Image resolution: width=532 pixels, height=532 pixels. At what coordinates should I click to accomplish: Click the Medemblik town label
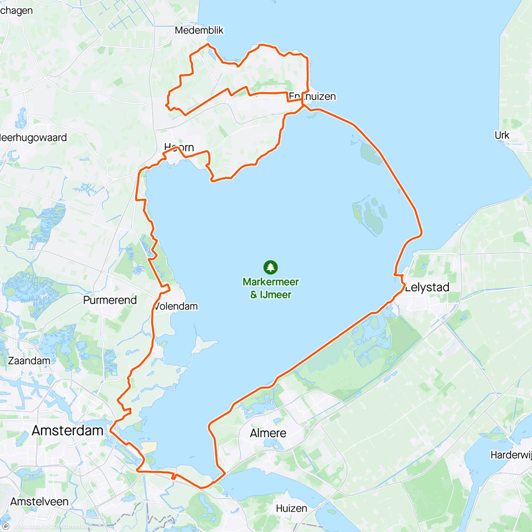click(199, 30)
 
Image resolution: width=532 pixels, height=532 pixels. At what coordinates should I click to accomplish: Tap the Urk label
click(502, 135)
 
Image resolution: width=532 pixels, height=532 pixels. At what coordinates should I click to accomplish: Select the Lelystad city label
click(427, 287)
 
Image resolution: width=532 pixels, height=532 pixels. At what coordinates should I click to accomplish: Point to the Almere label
click(268, 433)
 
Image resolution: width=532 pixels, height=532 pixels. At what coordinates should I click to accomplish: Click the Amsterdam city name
click(68, 430)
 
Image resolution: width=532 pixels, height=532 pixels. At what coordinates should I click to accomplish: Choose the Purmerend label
click(110, 300)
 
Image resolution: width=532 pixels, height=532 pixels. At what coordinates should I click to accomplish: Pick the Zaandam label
click(29, 361)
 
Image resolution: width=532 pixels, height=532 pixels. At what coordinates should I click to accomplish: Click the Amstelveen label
click(39, 501)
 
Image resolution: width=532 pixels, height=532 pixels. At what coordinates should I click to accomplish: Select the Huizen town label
click(291, 509)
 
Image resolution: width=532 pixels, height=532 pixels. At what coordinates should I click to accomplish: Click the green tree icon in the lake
click(270, 267)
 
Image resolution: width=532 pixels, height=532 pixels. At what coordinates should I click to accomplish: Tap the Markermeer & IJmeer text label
click(270, 288)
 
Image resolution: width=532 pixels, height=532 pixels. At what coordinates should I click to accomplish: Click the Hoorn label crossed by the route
click(179, 147)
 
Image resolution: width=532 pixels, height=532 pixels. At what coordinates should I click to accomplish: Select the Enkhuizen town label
click(313, 96)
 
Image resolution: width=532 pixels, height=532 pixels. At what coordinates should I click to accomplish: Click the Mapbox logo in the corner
click(6, 526)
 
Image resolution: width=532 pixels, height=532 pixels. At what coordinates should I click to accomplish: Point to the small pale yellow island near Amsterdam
click(149, 447)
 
